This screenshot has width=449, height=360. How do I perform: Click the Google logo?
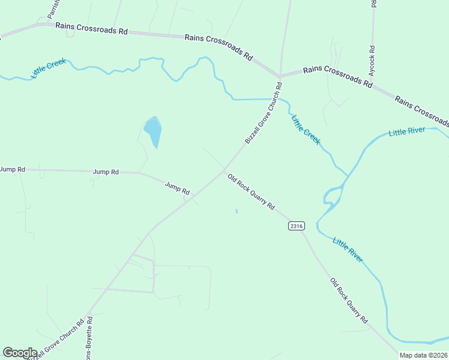click(20, 353)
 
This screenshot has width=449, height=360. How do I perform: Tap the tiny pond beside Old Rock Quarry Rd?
click(237, 211)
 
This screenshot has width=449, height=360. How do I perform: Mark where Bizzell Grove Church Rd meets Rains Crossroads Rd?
click(280, 76)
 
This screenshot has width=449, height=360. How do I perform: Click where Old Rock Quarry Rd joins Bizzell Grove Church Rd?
click(225, 170)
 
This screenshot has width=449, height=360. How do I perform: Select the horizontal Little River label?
click(407, 131)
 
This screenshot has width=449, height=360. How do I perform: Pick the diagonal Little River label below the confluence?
click(348, 248)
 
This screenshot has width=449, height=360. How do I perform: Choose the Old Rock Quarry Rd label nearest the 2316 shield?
click(251, 192)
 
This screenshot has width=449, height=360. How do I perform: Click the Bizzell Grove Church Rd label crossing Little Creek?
click(264, 114)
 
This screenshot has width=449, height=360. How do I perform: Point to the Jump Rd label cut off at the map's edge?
click(12, 169)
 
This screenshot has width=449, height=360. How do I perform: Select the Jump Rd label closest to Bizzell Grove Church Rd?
click(177, 188)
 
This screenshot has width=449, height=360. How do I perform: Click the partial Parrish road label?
click(53, 7)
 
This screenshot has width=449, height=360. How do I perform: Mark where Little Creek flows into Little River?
click(347, 175)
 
